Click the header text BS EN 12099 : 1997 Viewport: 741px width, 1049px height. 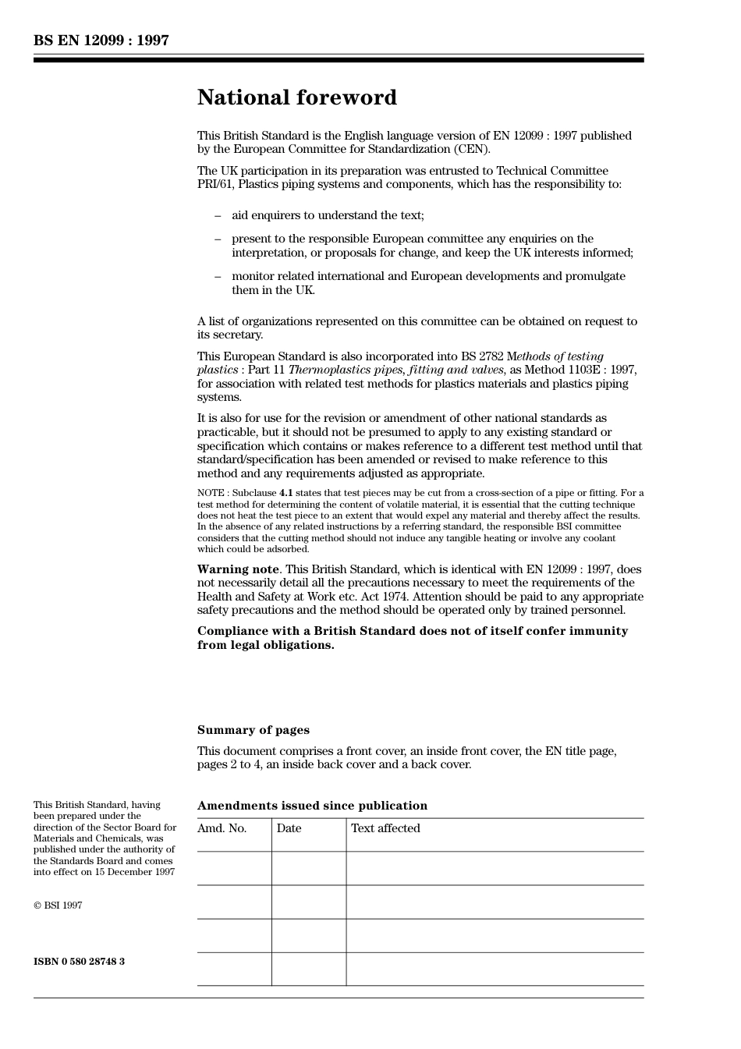coord(101,41)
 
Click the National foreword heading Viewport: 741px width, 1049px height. coord(296,97)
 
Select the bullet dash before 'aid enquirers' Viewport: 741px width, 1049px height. coord(218,215)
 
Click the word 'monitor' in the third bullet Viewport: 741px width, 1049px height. coord(253,276)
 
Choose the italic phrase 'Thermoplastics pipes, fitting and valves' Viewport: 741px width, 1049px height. coord(396,370)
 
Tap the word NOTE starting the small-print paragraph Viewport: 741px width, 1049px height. coord(211,493)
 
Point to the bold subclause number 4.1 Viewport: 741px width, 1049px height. coord(286,493)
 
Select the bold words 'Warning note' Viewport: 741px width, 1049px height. coord(238,569)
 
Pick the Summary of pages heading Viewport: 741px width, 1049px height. coord(253,730)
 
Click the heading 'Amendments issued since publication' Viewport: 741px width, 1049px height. coord(312,806)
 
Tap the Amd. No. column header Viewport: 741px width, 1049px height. coord(222,828)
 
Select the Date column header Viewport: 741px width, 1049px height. coord(289,828)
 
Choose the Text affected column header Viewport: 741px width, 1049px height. coord(385,828)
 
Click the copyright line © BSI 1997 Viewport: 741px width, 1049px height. coord(58,905)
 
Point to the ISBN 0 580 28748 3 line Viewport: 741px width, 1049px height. coord(79,962)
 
